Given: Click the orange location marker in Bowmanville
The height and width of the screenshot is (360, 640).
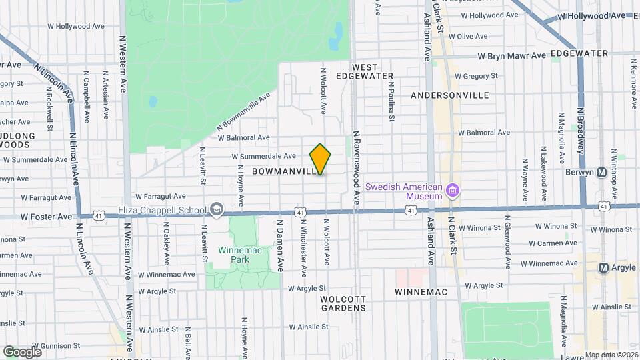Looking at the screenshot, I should [x=320, y=159].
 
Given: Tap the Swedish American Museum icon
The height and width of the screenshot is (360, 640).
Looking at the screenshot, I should [x=453, y=192].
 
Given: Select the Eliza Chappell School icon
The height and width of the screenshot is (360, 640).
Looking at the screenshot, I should [x=216, y=211].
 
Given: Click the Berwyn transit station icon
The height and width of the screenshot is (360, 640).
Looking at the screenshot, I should [x=602, y=172].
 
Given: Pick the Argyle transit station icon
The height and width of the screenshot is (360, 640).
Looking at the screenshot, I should [x=603, y=267].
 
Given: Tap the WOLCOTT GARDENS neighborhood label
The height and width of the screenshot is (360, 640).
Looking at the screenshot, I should [x=343, y=303].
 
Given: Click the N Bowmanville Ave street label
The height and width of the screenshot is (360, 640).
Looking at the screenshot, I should [x=243, y=111].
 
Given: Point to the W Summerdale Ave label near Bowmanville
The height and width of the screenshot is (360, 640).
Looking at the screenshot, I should [x=263, y=157].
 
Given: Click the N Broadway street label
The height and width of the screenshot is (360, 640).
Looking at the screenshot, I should [x=580, y=130].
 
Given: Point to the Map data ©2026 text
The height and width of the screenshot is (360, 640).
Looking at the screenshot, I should [x=611, y=355].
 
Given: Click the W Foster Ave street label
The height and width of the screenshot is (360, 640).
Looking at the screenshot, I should [x=46, y=217].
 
